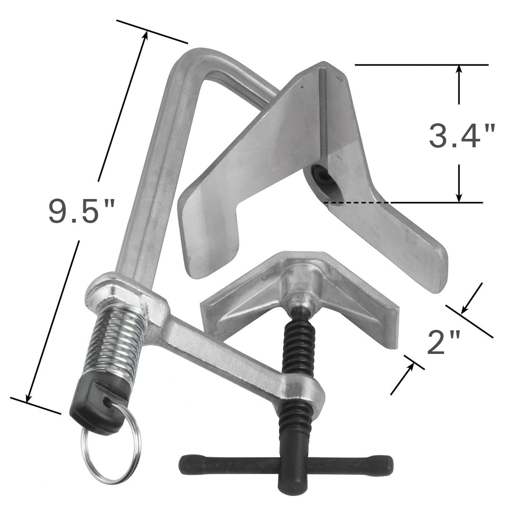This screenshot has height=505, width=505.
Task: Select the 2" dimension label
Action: click(443, 343)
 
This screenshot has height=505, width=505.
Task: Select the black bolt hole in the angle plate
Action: click(323, 176)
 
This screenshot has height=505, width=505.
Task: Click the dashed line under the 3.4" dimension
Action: click(356, 203)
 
